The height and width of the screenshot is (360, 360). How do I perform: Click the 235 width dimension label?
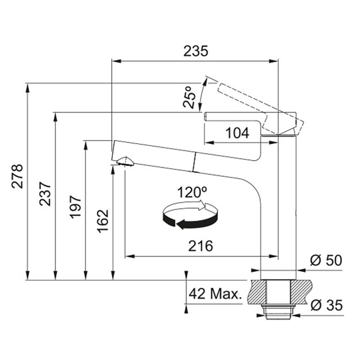coord(196,51)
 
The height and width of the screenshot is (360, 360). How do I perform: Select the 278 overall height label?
coord(18,176)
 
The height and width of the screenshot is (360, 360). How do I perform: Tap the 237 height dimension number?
coord(45,193)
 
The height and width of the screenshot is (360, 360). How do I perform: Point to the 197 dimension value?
coord(76,207)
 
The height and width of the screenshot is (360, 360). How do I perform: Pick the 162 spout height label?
coord(103,221)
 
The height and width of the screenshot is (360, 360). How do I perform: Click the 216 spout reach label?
coord(200,246)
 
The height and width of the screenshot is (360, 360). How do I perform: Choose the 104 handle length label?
coord(237,133)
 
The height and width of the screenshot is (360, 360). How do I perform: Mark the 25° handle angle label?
coord(189,97)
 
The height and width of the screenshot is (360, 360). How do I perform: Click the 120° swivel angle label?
coord(192,192)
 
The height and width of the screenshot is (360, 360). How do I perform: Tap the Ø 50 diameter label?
coord(326,261)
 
